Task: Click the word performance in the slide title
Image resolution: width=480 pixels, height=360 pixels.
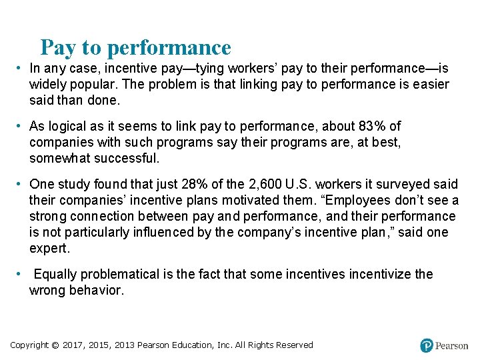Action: click(x=169, y=48)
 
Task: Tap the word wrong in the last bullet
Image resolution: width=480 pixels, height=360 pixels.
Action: click(x=47, y=290)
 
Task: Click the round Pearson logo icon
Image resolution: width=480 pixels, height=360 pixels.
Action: click(x=427, y=345)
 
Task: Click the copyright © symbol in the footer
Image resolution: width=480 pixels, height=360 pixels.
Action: click(x=55, y=345)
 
